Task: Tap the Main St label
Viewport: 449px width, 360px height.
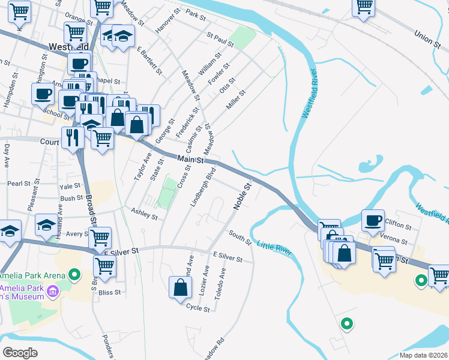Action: [191, 160]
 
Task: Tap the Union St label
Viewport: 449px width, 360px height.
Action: [427, 37]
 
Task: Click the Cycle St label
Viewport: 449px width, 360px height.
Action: [197, 308]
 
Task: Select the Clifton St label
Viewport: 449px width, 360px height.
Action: [398, 227]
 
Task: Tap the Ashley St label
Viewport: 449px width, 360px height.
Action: [144, 213]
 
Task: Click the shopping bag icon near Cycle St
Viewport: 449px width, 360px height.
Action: [181, 287]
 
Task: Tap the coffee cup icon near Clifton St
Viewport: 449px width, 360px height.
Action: [373, 220]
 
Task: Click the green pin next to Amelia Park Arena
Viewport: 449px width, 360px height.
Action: [74, 275]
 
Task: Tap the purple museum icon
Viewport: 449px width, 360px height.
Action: [53, 292]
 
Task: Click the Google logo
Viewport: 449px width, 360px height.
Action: [20, 352]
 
